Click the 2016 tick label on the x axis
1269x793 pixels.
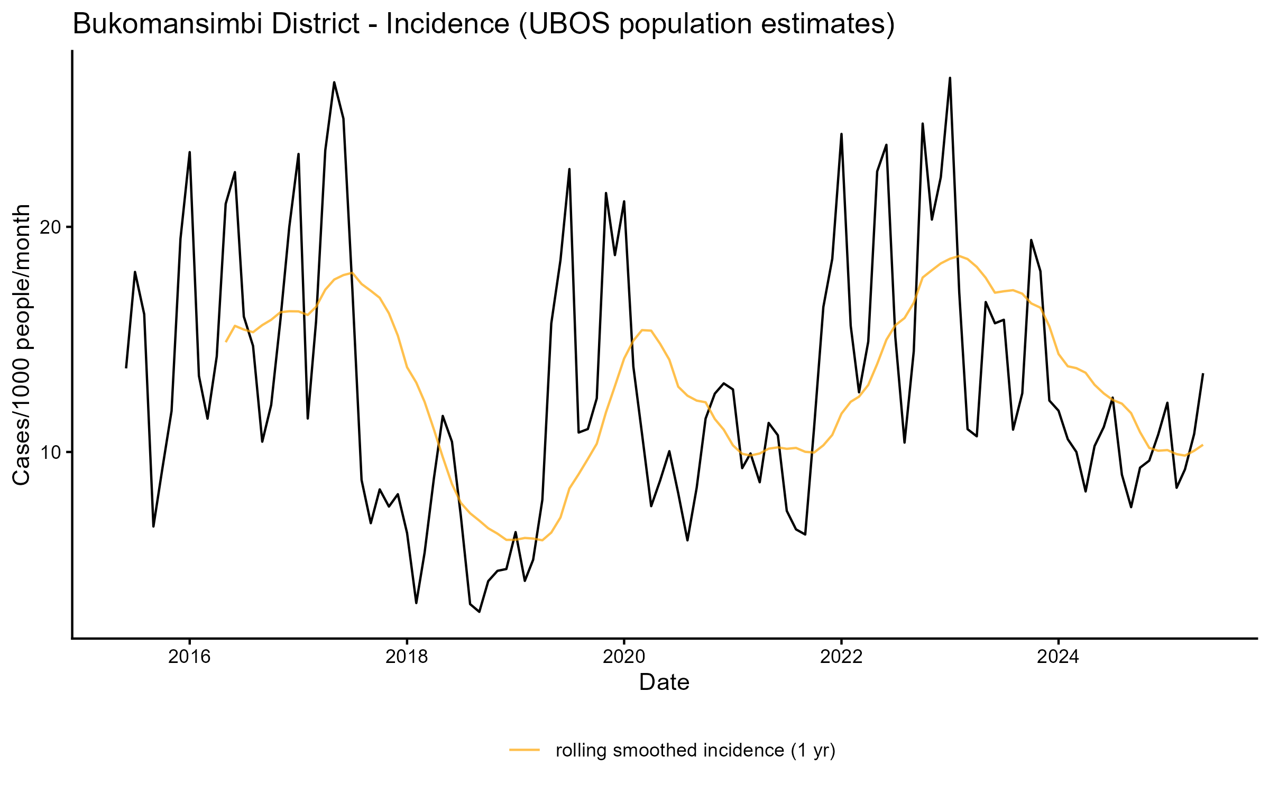pos(189,657)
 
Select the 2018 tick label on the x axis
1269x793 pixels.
pos(407,657)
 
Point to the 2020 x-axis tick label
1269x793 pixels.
pos(624,657)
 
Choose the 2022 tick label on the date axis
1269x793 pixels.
pos(841,657)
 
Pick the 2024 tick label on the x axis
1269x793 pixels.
pos(1058,657)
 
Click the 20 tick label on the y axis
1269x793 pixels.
pos(52,227)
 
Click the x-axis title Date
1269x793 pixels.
pos(664,683)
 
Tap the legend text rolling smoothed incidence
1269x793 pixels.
pos(695,750)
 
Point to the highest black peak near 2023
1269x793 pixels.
pos(950,78)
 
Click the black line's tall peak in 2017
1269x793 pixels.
pos(334,82)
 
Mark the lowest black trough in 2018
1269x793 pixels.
pos(479,612)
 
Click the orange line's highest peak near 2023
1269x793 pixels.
pos(959,256)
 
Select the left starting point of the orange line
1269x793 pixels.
pos(226,342)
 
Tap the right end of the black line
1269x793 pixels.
pos(1203,374)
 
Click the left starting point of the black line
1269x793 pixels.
pos(126,367)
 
